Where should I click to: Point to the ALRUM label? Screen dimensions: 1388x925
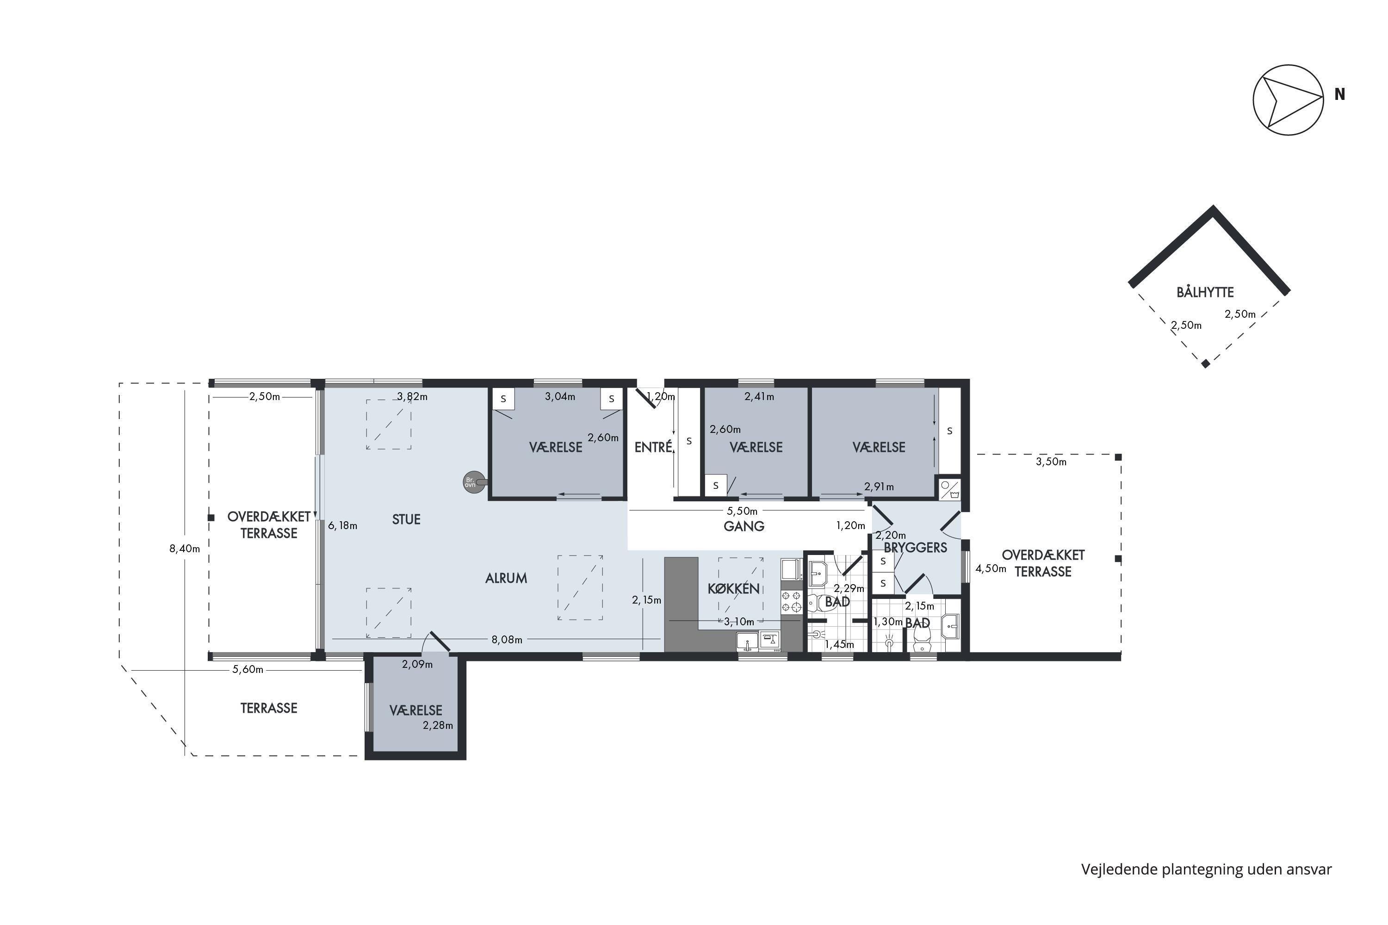(x=506, y=579)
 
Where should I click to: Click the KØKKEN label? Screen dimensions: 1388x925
(x=733, y=588)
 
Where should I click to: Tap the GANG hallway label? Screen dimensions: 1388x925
(x=744, y=526)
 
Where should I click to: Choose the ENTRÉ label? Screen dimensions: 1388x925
(x=653, y=447)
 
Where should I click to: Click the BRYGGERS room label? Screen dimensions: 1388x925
(x=915, y=548)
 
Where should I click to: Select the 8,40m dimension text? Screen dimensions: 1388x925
(x=185, y=549)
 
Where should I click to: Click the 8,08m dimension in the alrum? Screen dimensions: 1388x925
(x=507, y=640)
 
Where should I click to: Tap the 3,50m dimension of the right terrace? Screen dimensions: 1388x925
(x=1051, y=462)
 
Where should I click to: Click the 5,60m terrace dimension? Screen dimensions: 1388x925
(x=248, y=670)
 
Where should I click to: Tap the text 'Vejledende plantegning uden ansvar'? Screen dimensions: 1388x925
(x=1206, y=869)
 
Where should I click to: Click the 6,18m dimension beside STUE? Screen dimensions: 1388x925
(x=342, y=525)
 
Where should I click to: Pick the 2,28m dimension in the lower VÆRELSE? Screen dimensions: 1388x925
(x=438, y=726)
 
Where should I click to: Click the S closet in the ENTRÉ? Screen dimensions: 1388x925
(x=689, y=441)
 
